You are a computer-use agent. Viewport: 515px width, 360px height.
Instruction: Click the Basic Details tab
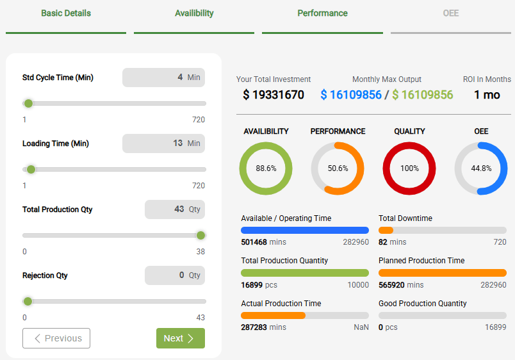[66, 13]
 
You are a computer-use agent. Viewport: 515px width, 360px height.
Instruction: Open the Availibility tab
[194, 13]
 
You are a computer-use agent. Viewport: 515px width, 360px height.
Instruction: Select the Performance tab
[322, 13]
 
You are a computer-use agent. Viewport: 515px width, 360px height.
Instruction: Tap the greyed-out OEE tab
[451, 13]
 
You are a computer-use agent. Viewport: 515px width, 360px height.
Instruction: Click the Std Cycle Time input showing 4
[163, 78]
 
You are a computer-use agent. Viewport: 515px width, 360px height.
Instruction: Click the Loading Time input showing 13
[163, 143]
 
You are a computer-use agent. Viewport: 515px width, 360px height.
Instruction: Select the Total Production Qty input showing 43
[174, 209]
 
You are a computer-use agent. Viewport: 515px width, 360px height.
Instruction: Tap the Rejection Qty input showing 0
[174, 275]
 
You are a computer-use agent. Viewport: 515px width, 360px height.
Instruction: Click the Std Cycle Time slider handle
[28, 103]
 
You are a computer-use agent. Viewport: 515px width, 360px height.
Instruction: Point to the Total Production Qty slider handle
[200, 235]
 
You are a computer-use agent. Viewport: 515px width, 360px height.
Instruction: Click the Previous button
[56, 338]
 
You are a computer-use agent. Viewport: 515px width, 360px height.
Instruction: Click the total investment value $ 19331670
[274, 95]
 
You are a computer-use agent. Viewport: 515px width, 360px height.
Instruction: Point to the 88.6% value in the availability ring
[266, 168]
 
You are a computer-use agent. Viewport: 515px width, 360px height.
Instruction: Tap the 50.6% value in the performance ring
[338, 168]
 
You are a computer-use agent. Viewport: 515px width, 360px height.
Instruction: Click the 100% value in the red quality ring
[409, 168]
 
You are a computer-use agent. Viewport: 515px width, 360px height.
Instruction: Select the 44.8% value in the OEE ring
[481, 168]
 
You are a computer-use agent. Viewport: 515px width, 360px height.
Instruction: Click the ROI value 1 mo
[487, 95]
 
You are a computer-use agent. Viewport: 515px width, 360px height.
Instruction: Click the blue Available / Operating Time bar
[305, 230]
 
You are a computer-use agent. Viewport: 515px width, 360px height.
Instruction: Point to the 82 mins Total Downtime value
[392, 242]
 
